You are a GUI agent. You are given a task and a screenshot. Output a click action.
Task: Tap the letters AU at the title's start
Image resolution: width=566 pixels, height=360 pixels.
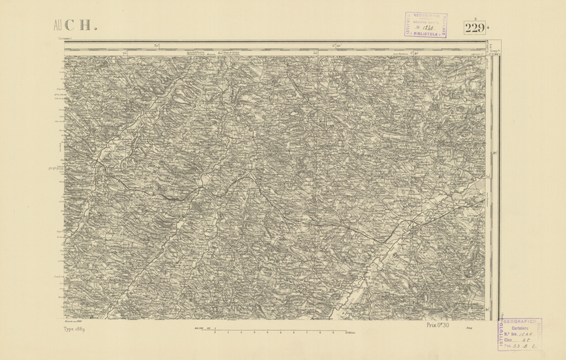(58, 26)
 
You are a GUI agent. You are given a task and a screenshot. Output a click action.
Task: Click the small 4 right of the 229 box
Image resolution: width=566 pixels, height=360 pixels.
(488, 27)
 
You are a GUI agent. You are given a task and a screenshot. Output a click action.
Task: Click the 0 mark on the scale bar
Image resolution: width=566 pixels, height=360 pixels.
(215, 332)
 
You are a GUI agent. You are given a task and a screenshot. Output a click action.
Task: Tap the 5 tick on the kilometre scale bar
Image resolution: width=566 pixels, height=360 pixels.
(281, 332)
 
